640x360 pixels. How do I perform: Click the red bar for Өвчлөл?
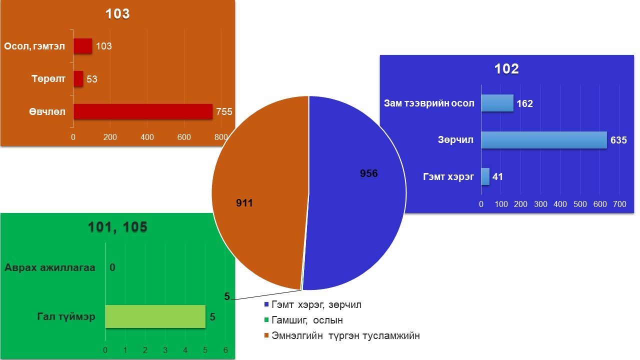(143, 111)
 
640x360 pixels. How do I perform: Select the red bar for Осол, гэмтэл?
(82, 46)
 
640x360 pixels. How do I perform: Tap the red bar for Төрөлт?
(78, 79)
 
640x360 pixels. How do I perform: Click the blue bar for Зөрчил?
(544, 140)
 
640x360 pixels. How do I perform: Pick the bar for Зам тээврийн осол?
(497, 103)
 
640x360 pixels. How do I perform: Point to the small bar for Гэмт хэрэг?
(485, 176)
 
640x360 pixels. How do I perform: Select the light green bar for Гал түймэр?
(155, 316)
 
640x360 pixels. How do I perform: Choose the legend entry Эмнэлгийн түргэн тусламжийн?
(342, 335)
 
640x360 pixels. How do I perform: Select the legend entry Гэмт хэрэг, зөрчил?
(313, 305)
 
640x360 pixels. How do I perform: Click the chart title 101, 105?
(117, 227)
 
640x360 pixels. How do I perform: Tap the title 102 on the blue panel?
(506, 69)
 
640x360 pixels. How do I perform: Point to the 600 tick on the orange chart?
(184, 137)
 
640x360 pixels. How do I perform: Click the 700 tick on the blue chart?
(619, 204)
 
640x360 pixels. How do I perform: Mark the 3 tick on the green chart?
(165, 350)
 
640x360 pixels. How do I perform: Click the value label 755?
(224, 111)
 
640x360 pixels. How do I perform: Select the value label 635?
(618, 140)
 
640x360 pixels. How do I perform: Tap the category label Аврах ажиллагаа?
(50, 267)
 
